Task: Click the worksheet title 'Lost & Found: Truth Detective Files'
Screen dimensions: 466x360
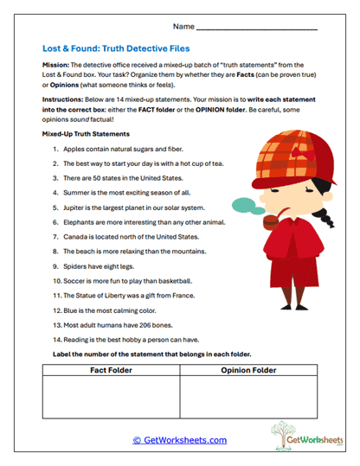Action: [x=115, y=49]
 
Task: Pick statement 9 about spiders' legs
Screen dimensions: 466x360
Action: [x=100, y=266]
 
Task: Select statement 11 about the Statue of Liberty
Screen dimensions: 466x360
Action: [x=130, y=296]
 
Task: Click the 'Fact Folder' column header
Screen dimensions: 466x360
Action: [x=110, y=370]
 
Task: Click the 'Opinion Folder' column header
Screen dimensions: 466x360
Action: [x=248, y=370]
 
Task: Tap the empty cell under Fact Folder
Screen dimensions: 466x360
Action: [x=110, y=398]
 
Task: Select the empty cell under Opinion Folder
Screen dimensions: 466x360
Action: [x=248, y=398]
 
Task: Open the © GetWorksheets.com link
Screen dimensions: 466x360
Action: [x=179, y=440]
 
